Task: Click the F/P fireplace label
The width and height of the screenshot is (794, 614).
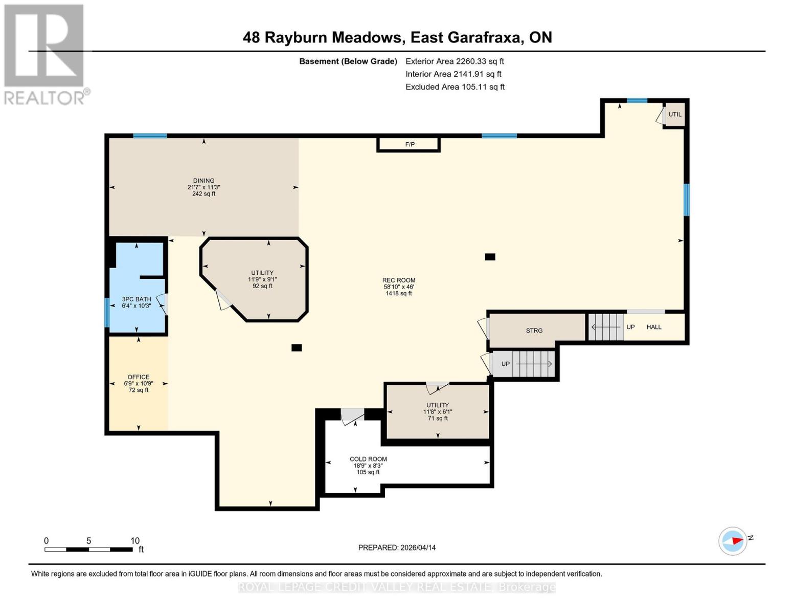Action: point(410,145)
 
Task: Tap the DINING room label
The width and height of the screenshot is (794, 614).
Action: point(203,181)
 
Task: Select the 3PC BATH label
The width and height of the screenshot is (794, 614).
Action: point(137,299)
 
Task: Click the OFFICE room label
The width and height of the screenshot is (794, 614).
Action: point(139,377)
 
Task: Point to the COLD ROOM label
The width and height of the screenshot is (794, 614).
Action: point(368,459)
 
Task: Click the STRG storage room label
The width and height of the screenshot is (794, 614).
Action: point(534,331)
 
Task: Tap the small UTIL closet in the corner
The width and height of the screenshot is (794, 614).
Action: point(675,115)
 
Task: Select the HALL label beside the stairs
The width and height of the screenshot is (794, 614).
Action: point(654,327)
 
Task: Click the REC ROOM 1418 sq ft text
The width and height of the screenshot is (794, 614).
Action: point(399,293)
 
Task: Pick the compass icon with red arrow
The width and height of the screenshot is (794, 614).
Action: point(733,541)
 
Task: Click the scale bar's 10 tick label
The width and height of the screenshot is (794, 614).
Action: point(135,541)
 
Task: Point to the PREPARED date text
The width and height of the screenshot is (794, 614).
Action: point(397,547)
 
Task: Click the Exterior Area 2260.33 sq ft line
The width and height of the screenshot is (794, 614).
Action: point(455,61)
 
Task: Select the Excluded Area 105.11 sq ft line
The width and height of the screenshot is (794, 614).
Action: point(455,87)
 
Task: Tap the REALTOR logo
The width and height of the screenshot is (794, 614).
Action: point(45,54)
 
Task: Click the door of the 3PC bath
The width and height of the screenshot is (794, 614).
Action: point(163,303)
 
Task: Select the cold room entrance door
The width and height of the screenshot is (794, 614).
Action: point(353,415)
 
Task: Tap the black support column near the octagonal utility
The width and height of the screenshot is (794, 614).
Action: point(297,348)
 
